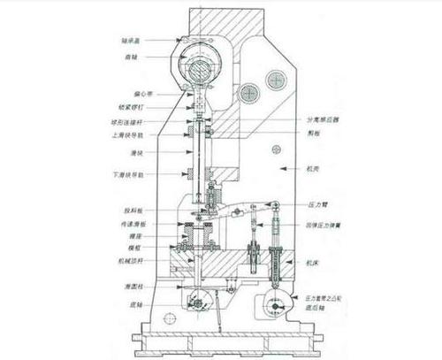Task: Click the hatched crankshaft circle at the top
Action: (200, 66)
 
